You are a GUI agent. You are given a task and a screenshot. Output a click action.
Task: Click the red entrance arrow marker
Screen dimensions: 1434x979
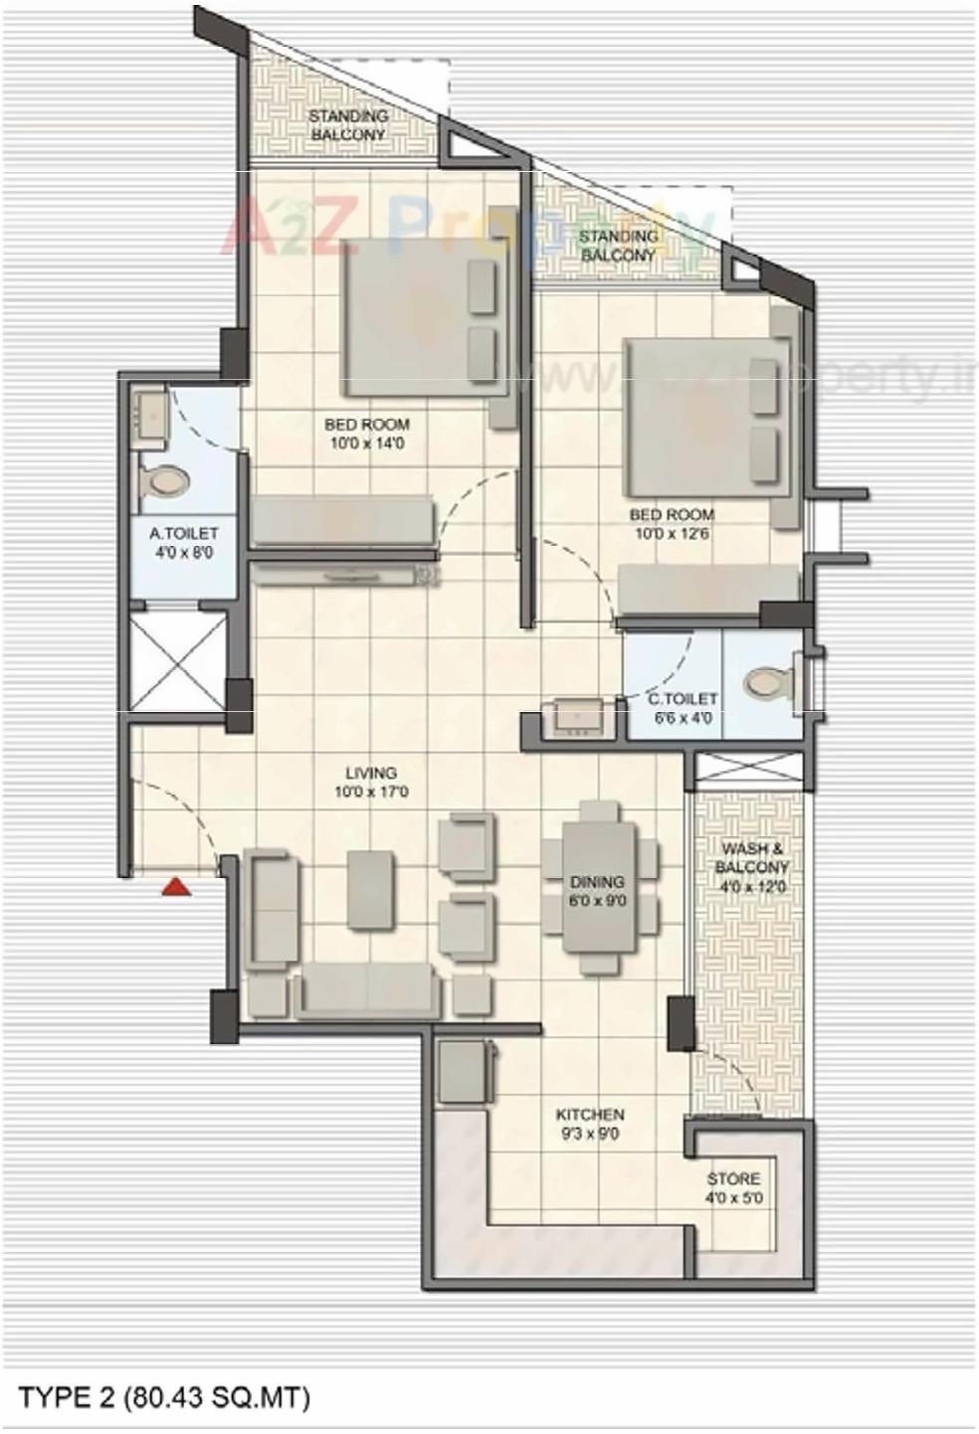(177, 886)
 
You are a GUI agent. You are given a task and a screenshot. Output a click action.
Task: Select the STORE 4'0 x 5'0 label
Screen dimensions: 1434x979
(733, 1188)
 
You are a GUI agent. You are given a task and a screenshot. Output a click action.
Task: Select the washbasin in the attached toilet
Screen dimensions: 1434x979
(153, 412)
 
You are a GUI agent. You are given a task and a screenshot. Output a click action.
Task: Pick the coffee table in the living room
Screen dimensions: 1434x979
(370, 889)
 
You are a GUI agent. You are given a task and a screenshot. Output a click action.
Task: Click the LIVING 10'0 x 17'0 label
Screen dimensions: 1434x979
(371, 783)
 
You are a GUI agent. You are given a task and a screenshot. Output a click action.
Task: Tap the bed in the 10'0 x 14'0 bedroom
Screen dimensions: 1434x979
(418, 317)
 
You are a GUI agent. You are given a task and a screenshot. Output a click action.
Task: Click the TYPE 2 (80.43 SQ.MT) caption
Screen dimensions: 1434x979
(165, 1397)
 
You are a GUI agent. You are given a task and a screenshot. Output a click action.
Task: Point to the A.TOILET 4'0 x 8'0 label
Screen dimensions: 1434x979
(184, 543)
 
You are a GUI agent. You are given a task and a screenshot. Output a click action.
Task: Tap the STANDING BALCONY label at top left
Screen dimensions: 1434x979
(347, 125)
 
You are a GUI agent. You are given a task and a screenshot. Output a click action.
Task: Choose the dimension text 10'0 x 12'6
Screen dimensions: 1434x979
(672, 534)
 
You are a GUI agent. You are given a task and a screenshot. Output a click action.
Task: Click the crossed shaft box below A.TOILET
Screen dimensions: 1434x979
(179, 661)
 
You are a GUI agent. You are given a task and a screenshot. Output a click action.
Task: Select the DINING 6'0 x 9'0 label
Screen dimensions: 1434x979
(597, 891)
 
